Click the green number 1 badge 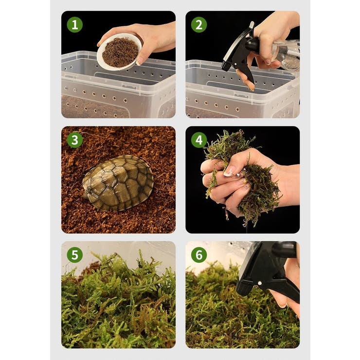[75, 25]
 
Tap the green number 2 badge [199, 25]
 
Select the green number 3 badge [75, 140]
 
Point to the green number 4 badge [199, 140]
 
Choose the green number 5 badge [75, 255]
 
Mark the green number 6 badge [199, 255]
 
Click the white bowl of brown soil [119, 52]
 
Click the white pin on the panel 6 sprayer [260, 283]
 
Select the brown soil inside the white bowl [120, 53]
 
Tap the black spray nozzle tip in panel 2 [224, 67]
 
